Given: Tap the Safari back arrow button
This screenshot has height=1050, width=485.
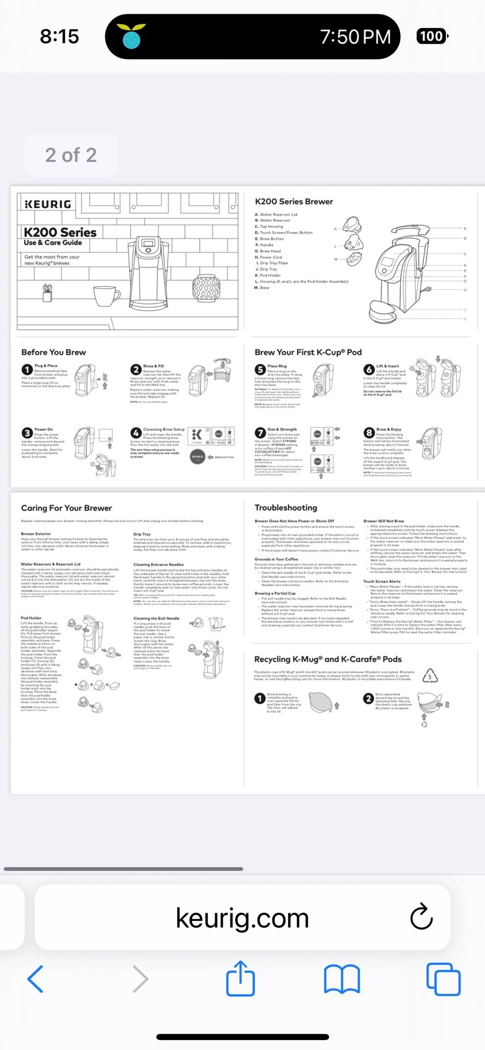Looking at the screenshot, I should pyautogui.click(x=36, y=979).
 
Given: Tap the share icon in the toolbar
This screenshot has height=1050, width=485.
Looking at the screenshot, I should pyautogui.click(x=241, y=978).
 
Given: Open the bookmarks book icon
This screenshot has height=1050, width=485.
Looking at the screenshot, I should pyautogui.click(x=342, y=979).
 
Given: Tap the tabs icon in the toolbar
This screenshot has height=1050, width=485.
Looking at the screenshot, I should pyautogui.click(x=443, y=979).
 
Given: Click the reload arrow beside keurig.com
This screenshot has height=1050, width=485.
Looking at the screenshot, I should pyautogui.click(x=422, y=917).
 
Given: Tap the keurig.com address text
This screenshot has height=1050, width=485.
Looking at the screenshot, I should pyautogui.click(x=242, y=918).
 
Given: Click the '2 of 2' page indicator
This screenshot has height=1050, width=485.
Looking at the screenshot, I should pyautogui.click(x=71, y=155).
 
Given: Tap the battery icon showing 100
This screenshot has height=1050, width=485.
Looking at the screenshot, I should pyautogui.click(x=432, y=37).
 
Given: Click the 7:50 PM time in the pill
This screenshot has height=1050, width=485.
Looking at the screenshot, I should pyautogui.click(x=355, y=37).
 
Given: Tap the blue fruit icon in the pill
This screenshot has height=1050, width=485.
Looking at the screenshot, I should pyautogui.click(x=131, y=37).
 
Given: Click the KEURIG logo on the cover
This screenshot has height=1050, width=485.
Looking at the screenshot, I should pyautogui.click(x=48, y=204).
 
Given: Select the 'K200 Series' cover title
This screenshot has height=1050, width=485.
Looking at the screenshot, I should pyautogui.click(x=60, y=232).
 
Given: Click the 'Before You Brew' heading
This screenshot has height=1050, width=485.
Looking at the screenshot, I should pyautogui.click(x=54, y=352).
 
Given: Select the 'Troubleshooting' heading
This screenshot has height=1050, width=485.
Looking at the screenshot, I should pyautogui.click(x=286, y=507).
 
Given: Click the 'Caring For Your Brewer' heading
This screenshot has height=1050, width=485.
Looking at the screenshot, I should pyautogui.click(x=66, y=508).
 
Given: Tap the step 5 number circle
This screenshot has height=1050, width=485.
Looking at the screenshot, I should pyautogui.click(x=260, y=370).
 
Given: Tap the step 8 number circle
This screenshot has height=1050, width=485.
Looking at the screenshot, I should pyautogui.click(x=369, y=433).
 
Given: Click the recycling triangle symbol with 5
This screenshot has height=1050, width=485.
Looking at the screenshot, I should pyautogui.click(x=430, y=676).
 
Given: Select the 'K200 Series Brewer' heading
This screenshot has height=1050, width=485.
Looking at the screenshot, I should pyautogui.click(x=294, y=202).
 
